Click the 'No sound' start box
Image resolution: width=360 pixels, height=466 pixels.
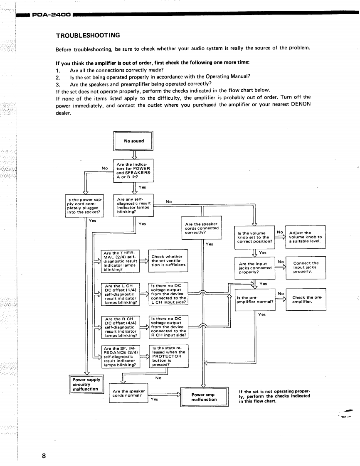[x=133, y=141]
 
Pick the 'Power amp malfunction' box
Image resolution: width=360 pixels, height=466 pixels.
[x=204, y=397]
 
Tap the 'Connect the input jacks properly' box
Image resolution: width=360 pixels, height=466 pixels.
[x=306, y=267]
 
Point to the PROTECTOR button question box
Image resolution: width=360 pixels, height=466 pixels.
[x=168, y=356]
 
